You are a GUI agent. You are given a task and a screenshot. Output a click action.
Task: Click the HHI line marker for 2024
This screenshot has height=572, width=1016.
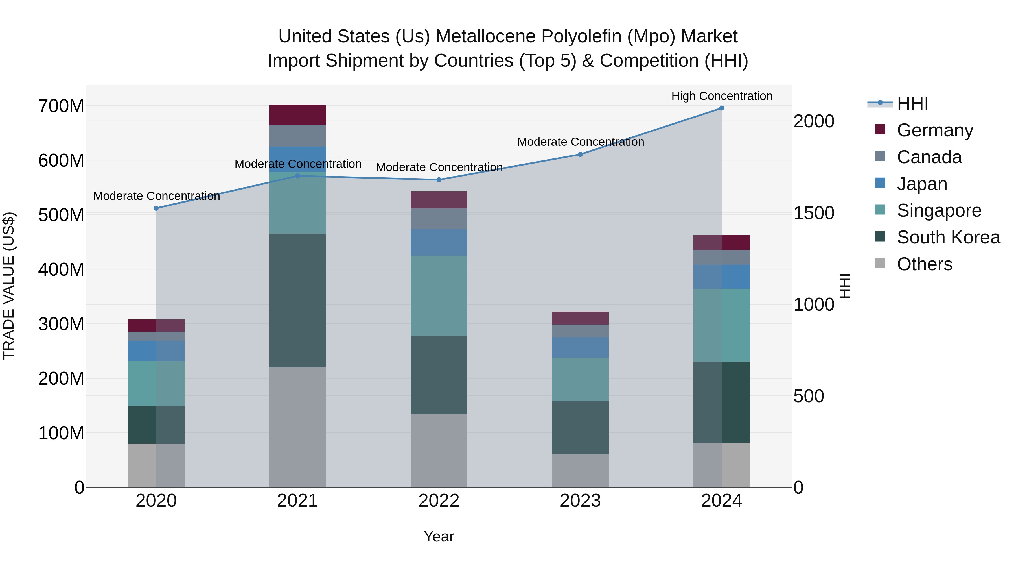pos(721,108)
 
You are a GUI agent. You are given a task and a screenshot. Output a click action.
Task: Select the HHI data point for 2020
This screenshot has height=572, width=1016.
pos(156,208)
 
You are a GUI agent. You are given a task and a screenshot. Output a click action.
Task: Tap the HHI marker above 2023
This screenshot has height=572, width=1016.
pos(580,154)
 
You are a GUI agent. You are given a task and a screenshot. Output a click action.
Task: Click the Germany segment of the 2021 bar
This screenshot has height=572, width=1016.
pos(297,115)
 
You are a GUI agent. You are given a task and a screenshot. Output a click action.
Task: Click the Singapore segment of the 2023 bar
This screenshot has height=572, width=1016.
pos(580,379)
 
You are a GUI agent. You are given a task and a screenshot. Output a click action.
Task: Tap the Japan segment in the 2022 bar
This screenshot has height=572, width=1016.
pos(439,242)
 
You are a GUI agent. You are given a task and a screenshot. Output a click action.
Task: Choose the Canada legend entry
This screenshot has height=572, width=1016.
pos(929,157)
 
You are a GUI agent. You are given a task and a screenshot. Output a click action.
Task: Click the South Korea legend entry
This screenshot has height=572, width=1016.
pos(948,237)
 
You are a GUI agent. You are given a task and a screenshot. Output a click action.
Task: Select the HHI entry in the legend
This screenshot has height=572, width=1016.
pos(912,103)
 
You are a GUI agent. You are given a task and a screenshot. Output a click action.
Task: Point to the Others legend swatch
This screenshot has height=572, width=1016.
pos(880,263)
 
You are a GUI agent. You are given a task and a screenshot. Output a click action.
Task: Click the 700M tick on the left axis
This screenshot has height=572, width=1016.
pos(61,106)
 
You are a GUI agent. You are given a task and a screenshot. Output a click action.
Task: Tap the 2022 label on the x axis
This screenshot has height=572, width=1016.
pos(439,501)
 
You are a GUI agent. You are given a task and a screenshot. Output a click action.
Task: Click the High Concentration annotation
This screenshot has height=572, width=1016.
pos(721,96)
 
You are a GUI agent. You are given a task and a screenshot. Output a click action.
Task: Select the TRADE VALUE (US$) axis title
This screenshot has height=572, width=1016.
pos(9,286)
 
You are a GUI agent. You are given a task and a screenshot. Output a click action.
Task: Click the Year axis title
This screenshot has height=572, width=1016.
pos(439,536)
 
